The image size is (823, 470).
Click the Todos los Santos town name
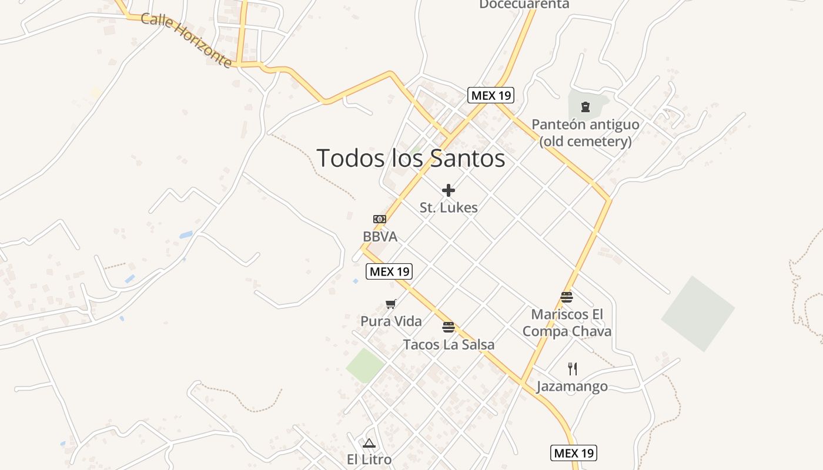click(x=410, y=158)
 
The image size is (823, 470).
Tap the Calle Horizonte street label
click(x=186, y=40)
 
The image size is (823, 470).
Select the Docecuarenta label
click(x=524, y=5)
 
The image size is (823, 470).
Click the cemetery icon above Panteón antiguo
click(x=585, y=107)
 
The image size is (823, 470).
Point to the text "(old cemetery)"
click(x=586, y=141)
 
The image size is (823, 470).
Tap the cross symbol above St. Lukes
click(x=449, y=190)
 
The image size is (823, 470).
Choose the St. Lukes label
click(x=449, y=207)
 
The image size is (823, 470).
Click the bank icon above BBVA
click(x=380, y=219)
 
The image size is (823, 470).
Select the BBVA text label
click(x=380, y=237)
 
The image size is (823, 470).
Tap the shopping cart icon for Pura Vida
click(x=391, y=304)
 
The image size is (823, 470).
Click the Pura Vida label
click(x=391, y=321)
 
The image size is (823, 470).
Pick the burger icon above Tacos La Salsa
click(x=449, y=327)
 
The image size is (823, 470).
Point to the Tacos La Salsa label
click(x=449, y=345)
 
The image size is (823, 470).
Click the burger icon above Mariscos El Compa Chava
click(x=567, y=297)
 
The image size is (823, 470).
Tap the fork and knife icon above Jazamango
click(x=573, y=369)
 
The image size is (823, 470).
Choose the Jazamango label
click(x=572, y=387)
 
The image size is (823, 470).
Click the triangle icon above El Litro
click(x=369, y=443)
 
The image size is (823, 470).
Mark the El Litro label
click(x=369, y=459)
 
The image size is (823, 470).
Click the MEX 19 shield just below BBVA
click(x=389, y=271)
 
